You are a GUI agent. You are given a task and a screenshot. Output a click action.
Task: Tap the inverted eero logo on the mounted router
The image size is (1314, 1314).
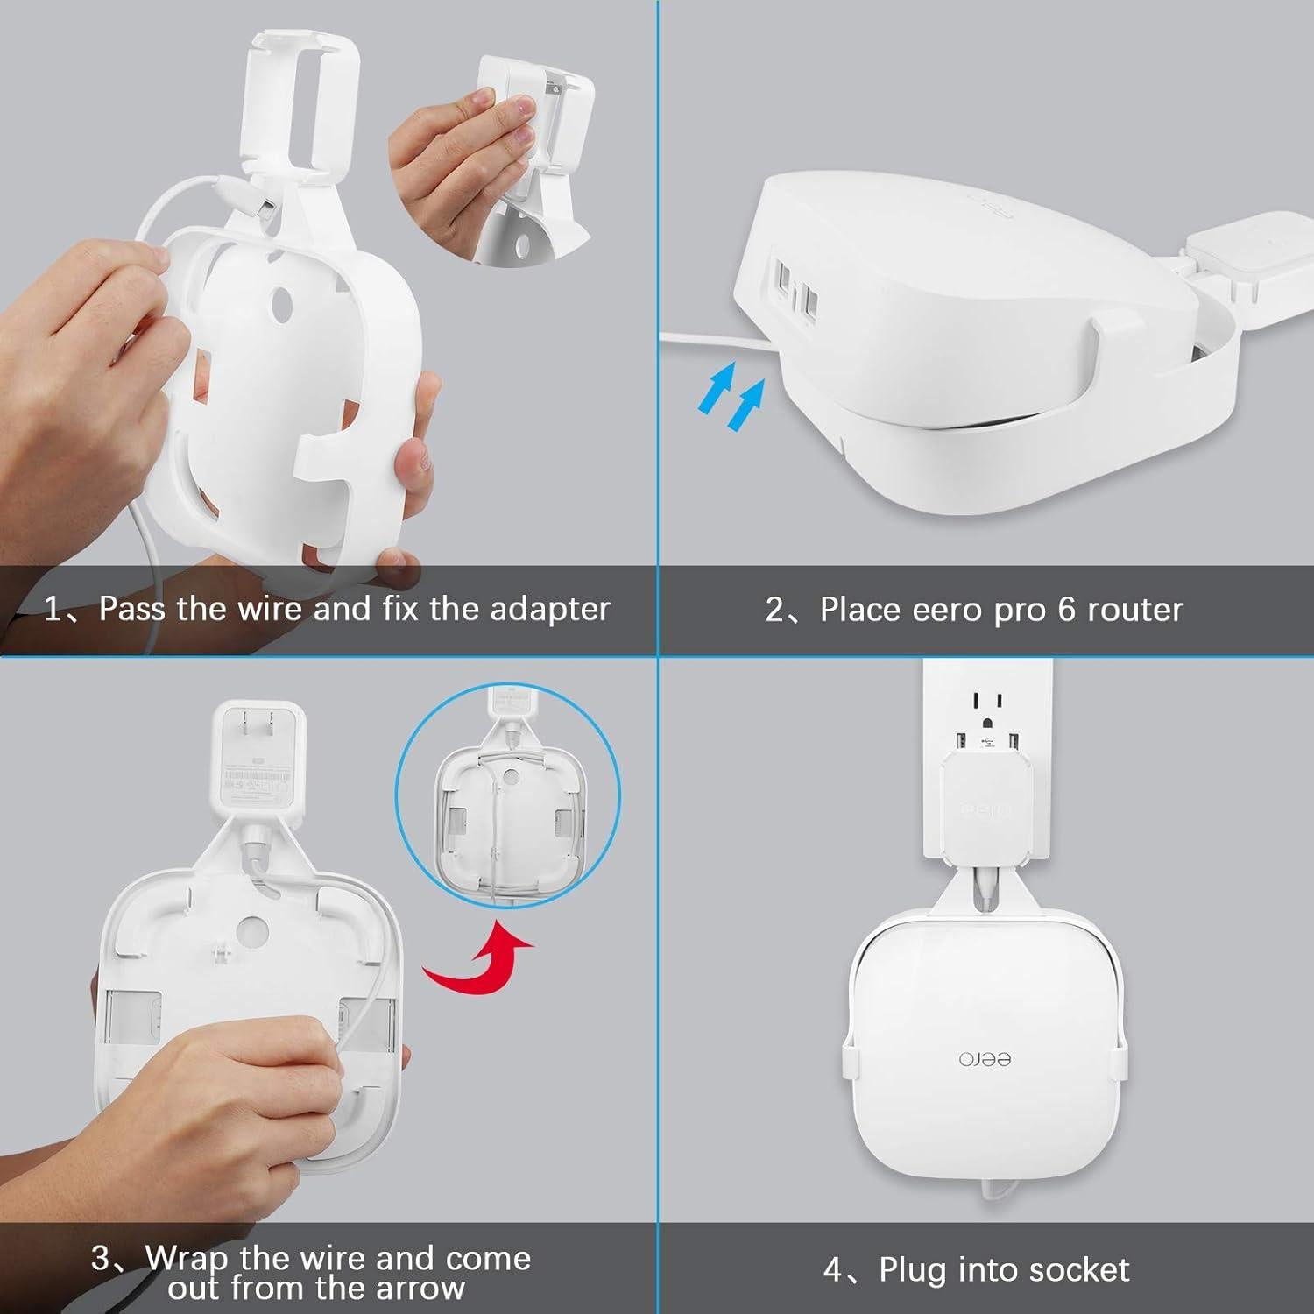[985, 1059]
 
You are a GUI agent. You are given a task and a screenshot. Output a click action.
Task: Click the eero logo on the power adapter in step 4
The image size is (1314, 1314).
[985, 809]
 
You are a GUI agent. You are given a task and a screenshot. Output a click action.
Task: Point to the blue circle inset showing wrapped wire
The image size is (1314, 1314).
[508, 795]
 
